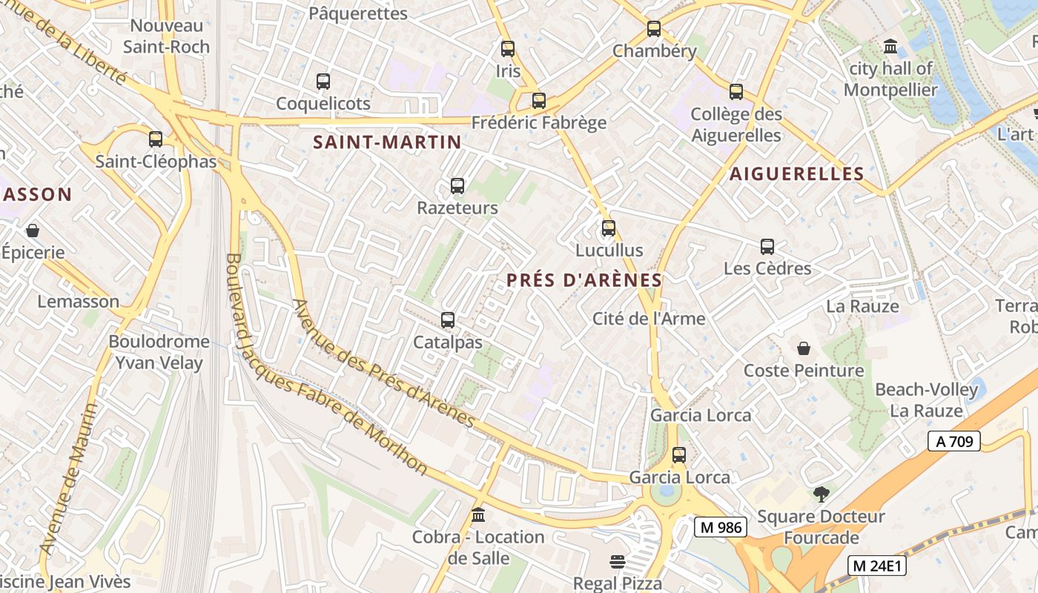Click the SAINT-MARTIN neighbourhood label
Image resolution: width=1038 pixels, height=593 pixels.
click(x=387, y=142)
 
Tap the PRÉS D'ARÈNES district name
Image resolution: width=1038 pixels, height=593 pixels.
click(x=584, y=280)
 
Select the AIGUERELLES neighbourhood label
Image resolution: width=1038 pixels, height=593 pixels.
click(x=797, y=174)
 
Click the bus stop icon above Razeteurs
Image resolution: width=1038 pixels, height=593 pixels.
click(x=457, y=186)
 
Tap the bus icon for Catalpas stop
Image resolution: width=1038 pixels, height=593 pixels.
click(x=448, y=320)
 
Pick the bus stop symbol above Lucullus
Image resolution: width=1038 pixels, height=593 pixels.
click(x=609, y=228)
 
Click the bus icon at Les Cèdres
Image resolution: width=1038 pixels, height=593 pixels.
click(x=767, y=247)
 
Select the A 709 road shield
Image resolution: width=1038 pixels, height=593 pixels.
click(x=953, y=442)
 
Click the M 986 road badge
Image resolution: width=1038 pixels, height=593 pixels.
click(x=720, y=527)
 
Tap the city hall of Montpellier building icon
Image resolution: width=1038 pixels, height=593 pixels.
click(x=890, y=47)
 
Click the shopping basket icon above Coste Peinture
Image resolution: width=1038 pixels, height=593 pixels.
click(x=804, y=348)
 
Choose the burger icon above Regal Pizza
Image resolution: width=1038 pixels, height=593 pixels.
click(x=618, y=562)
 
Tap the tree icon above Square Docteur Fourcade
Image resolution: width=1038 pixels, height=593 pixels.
click(x=821, y=494)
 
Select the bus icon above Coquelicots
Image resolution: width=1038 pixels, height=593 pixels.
click(x=323, y=82)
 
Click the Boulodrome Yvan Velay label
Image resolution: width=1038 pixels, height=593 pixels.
click(x=159, y=352)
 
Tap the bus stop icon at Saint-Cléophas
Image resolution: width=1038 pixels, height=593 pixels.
click(x=156, y=139)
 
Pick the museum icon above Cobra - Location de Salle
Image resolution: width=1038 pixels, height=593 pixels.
click(x=478, y=514)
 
